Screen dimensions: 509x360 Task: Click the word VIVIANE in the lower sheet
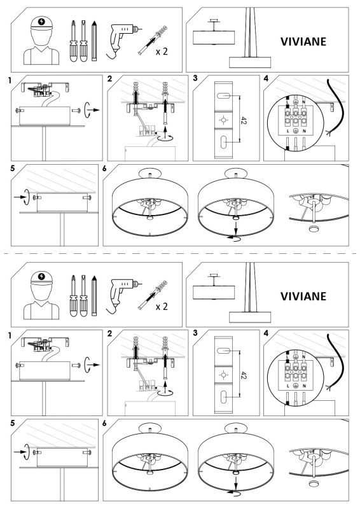click(303, 296)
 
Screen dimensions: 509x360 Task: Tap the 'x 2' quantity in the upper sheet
click(162, 52)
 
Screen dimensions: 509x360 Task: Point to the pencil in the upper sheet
click(93, 40)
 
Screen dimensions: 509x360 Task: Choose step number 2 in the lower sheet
click(110, 334)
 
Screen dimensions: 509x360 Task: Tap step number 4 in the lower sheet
click(266, 334)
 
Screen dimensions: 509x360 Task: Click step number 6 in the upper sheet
click(105, 169)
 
